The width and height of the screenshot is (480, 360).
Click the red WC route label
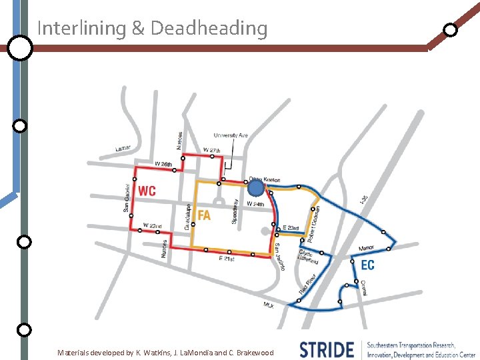pos(147,191)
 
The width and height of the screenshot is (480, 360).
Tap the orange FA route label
pos(204,215)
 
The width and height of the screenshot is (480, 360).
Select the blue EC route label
pos(367,265)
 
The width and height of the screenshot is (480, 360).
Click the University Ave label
pos(231,135)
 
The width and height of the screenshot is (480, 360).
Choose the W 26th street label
pos(163,164)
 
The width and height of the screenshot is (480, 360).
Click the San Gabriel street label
pos(127,198)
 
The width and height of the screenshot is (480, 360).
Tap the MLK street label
pos(269,305)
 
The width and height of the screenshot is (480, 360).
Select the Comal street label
pos(364,288)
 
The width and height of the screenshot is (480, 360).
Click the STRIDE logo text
pos(327,349)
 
